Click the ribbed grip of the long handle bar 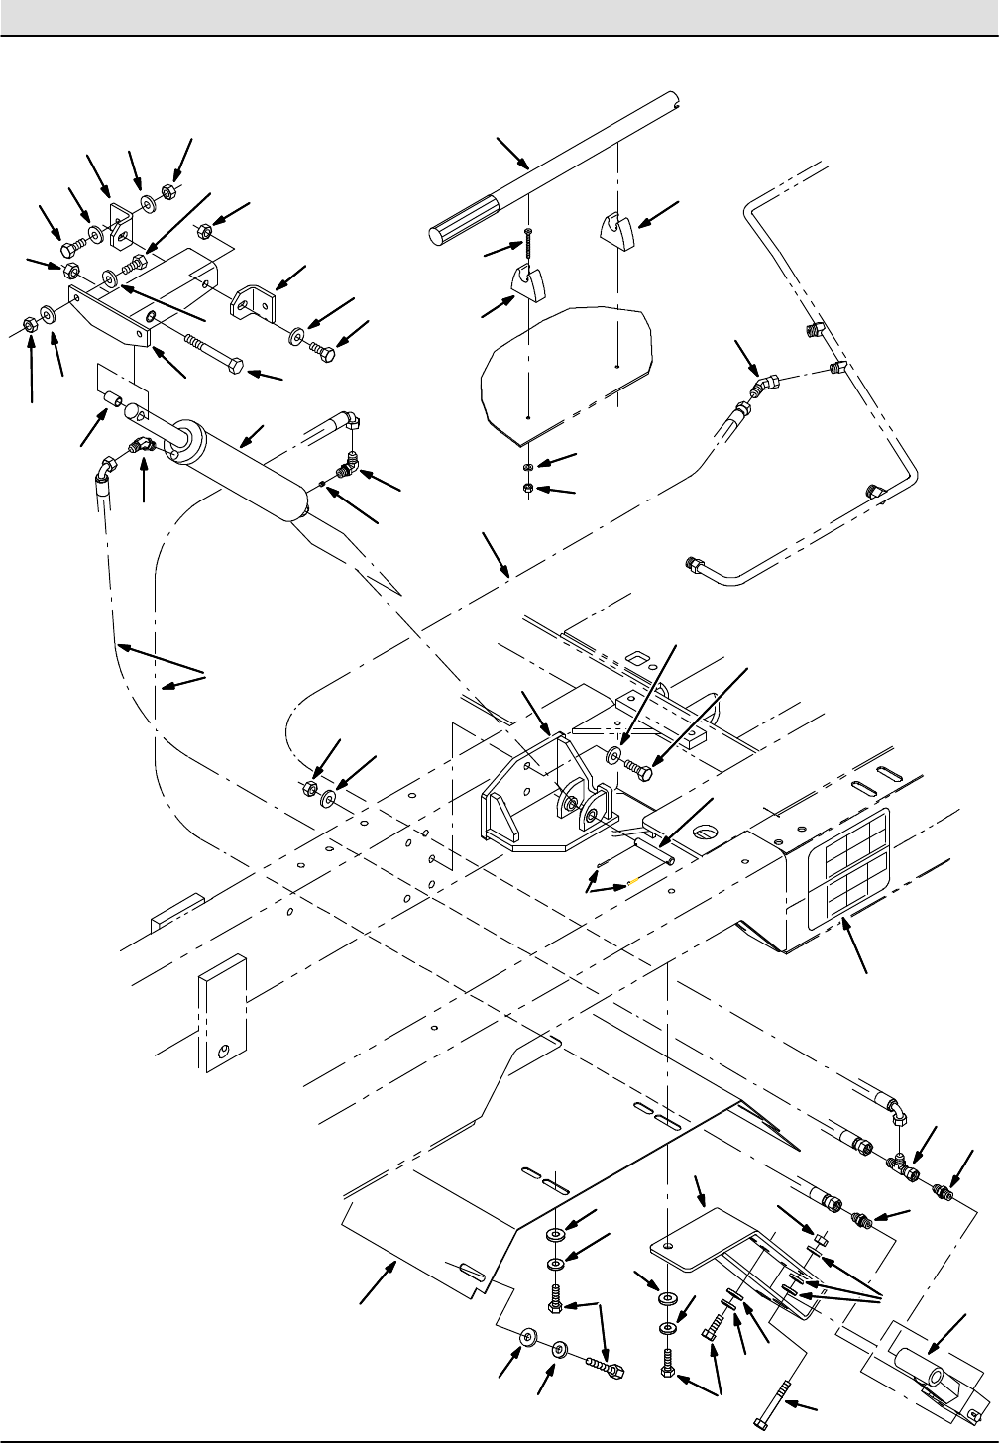(x=466, y=219)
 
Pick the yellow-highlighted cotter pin (x=632, y=880)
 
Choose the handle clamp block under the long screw (x=526, y=282)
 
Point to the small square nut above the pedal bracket (x=820, y=1239)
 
